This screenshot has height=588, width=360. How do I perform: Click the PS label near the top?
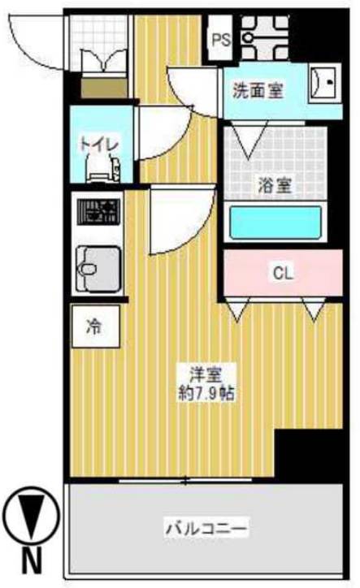coord(219,37)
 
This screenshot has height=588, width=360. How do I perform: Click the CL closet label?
coord(281,274)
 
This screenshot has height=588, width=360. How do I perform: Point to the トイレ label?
coord(99,144)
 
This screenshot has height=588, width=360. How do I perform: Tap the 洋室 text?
coord(206,374)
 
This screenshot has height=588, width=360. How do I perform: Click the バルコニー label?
coord(206,530)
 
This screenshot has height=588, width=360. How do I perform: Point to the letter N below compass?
coord(29,560)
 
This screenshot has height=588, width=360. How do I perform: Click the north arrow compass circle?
coord(29,516)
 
